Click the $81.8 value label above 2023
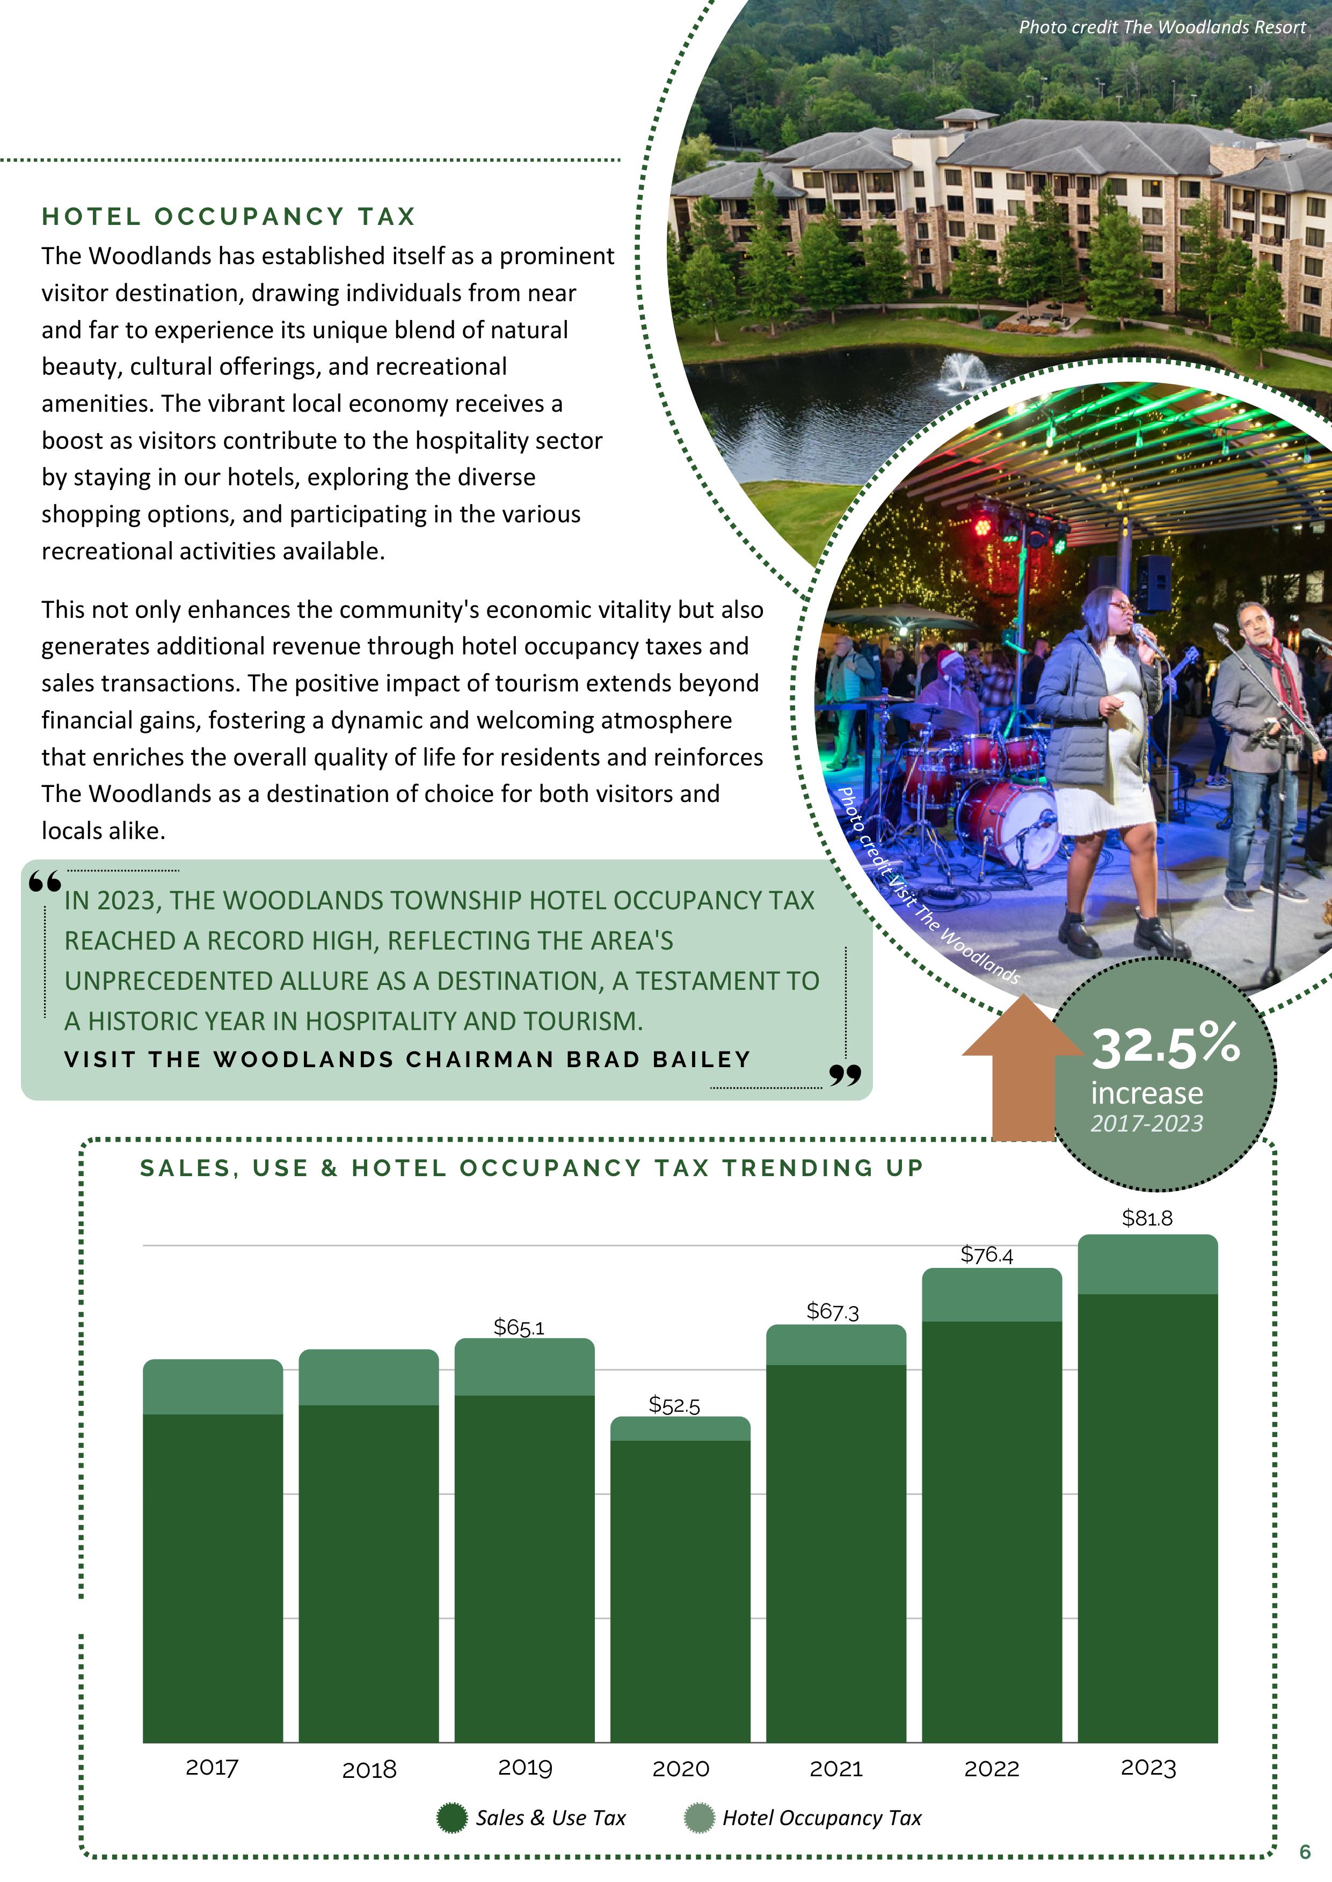coord(1147,1219)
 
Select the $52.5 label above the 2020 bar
coord(674,1405)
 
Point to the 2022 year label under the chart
coord(992,1768)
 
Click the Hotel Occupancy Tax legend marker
coord(699,1818)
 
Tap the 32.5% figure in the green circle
coord(1164,1046)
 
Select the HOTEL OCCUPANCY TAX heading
coord(229,216)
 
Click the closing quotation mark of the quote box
coord(845,1074)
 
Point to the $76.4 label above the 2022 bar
coord(987,1254)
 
